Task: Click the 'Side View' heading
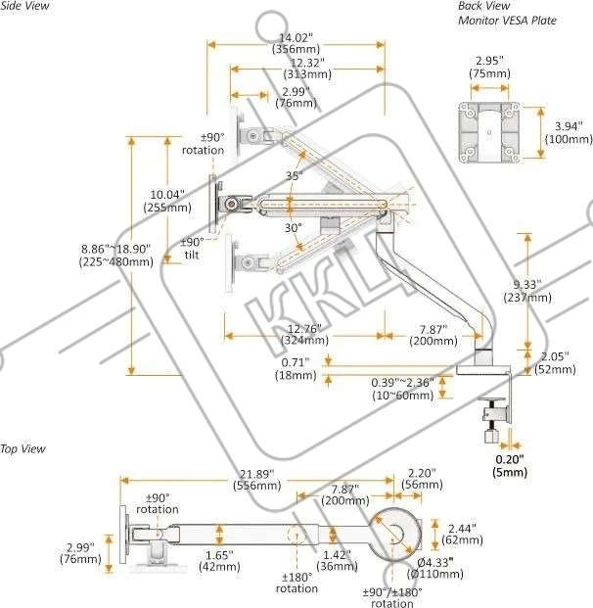tap(26, 7)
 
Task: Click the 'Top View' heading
tap(23, 448)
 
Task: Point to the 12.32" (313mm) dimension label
tap(305, 68)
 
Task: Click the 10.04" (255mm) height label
tap(167, 200)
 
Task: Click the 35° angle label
tap(295, 175)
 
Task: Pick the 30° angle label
tap(294, 227)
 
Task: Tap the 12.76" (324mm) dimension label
tap(305, 334)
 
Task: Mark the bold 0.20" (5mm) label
tap(509, 465)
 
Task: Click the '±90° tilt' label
tap(192, 247)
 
